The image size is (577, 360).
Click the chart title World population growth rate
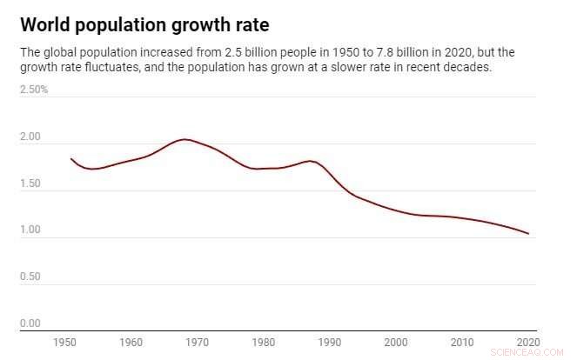tap(144, 23)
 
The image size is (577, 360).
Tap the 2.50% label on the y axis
tap(34, 90)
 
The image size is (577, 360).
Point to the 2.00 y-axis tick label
tap(30, 137)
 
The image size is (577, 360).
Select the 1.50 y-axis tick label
tap(30, 183)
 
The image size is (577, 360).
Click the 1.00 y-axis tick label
tap(30, 230)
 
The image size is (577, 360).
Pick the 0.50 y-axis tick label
tap(30, 277)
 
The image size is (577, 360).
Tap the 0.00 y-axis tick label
tap(30, 323)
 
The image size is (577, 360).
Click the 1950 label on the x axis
tap(65, 343)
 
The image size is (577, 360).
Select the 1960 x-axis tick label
tap(131, 343)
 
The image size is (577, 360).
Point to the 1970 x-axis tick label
tap(198, 343)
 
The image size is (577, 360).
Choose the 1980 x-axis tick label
tap(264, 343)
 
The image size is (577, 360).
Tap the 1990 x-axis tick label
tap(330, 343)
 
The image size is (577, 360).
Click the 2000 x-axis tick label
tap(396, 343)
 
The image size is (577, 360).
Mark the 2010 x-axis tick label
tap(462, 343)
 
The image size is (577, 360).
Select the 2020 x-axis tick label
tap(527, 343)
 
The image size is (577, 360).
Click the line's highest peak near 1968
tap(184, 139)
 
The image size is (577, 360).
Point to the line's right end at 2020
tap(528, 234)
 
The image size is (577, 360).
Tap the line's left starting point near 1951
tap(71, 159)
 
